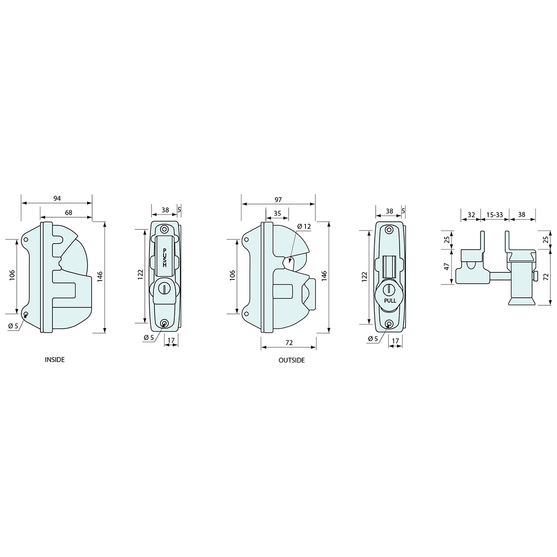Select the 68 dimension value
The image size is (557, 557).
(x=68, y=212)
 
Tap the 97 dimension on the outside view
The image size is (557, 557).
(x=277, y=200)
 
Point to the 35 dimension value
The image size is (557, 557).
(x=277, y=214)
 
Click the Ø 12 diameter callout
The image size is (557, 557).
(x=304, y=226)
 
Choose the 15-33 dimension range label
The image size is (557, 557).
(x=494, y=215)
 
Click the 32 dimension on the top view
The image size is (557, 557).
(x=471, y=215)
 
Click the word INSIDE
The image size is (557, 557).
(x=55, y=360)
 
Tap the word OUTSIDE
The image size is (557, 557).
(x=291, y=361)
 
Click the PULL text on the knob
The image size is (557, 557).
(x=390, y=300)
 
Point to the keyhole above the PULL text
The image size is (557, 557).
(x=388, y=289)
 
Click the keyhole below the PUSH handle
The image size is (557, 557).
(x=164, y=288)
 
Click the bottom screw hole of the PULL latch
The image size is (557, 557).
(x=389, y=324)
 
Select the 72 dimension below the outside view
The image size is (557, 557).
(x=289, y=343)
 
